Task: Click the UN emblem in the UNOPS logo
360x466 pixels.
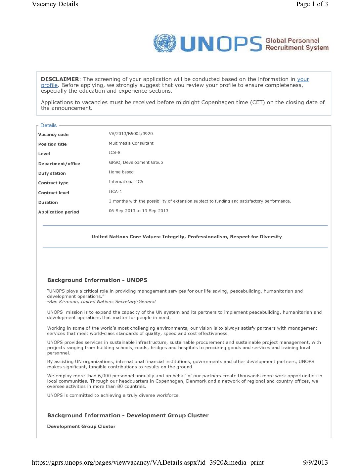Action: click(x=164, y=43)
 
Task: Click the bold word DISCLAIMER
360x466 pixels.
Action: click(x=60, y=79)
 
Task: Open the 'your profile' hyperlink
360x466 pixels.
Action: click(x=303, y=79)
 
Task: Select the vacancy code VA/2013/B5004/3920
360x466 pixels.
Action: click(x=131, y=134)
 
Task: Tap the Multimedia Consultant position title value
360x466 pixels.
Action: click(x=131, y=143)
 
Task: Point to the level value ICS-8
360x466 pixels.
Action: click(x=114, y=153)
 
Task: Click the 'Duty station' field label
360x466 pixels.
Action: click(x=52, y=173)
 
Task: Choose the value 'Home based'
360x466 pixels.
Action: click(x=121, y=172)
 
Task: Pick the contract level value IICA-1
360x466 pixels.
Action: click(x=115, y=192)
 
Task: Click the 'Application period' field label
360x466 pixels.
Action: click(x=59, y=212)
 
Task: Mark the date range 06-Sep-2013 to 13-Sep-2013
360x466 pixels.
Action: click(x=138, y=211)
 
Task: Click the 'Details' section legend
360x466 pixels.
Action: click(x=48, y=125)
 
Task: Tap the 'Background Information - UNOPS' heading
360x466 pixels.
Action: click(x=97, y=280)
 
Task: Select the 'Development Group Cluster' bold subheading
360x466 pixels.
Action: click(x=81, y=427)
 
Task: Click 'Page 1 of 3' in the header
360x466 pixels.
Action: click(x=312, y=4)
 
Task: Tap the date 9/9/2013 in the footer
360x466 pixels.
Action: click(x=315, y=462)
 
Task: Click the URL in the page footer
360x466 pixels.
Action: click(x=148, y=462)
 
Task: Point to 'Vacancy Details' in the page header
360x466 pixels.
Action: click(x=55, y=4)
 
